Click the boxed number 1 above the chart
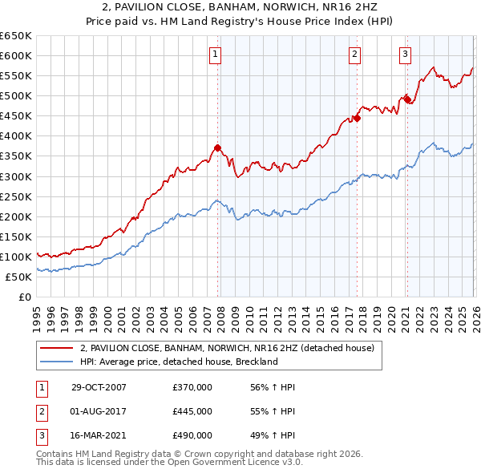click(216, 55)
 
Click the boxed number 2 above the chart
click(354, 55)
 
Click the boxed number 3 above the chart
click(406, 55)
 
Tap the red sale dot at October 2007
click(217, 148)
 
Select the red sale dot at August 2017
click(357, 118)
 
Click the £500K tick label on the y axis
click(16, 96)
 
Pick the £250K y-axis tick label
click(16, 196)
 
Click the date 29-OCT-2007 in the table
click(99, 387)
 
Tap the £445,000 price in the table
click(192, 411)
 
